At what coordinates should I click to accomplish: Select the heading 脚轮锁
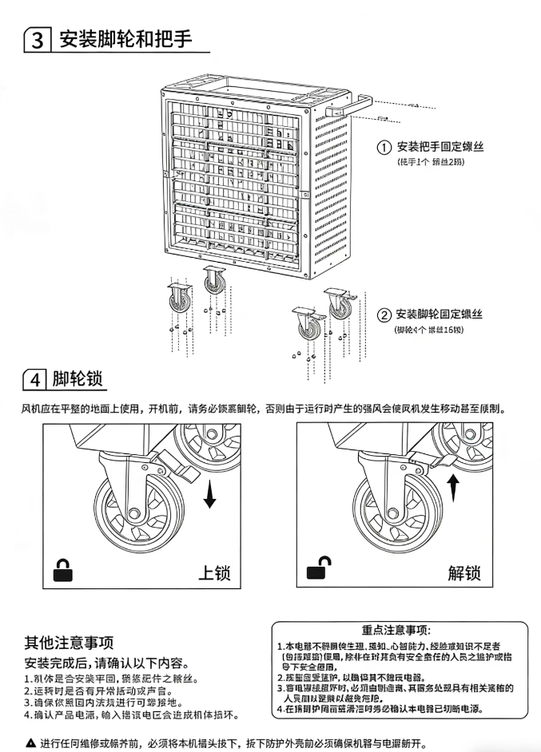tap(79, 378)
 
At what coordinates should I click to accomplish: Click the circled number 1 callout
tap(384, 147)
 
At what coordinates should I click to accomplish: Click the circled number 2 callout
tap(384, 315)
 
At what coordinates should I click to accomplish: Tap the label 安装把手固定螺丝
tap(440, 147)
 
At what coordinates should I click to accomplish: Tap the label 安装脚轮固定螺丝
tap(440, 315)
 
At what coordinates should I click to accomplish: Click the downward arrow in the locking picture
tap(209, 494)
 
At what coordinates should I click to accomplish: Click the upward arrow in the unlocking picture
tap(453, 486)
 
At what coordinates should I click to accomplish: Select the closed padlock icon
tap(62, 569)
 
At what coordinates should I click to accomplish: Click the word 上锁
tap(214, 572)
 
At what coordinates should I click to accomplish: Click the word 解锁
tap(464, 572)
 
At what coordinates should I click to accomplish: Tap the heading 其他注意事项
tap(69, 642)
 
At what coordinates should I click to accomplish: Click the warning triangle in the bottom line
tap(31, 742)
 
